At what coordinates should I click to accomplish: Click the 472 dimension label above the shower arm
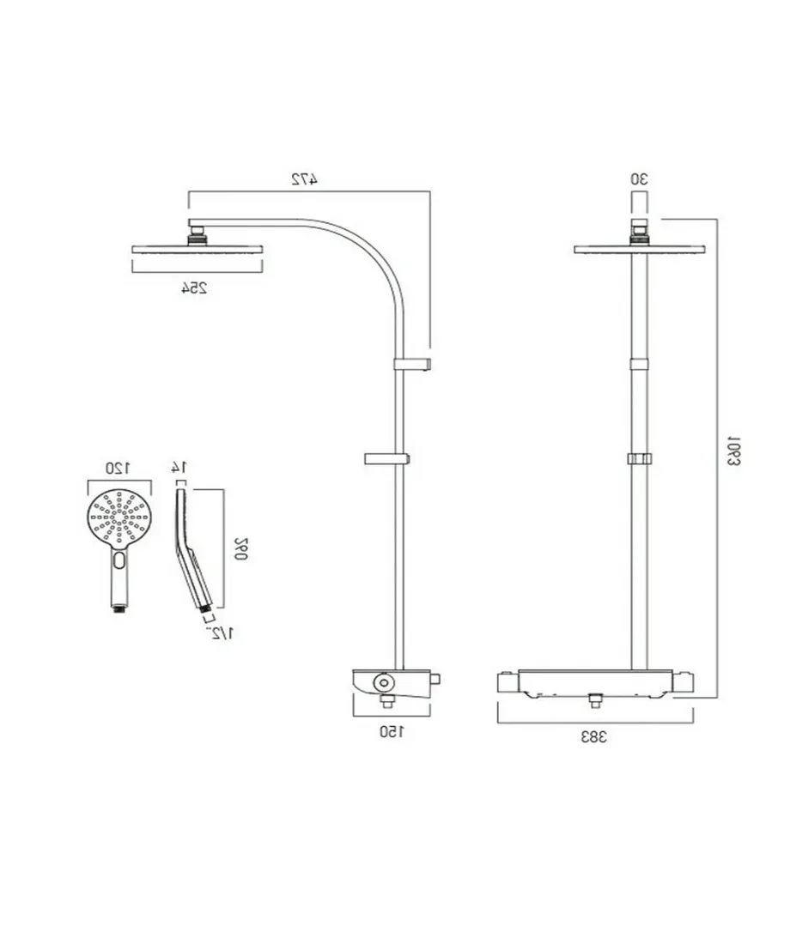(304, 179)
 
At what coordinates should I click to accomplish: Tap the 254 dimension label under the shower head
(195, 288)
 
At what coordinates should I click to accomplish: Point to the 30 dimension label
(640, 179)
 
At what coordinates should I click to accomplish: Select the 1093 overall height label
(733, 451)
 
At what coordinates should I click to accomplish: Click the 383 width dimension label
(594, 737)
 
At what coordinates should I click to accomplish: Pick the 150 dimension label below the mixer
(392, 732)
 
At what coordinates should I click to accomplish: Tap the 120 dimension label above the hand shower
(118, 468)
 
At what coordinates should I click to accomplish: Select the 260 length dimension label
(241, 548)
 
